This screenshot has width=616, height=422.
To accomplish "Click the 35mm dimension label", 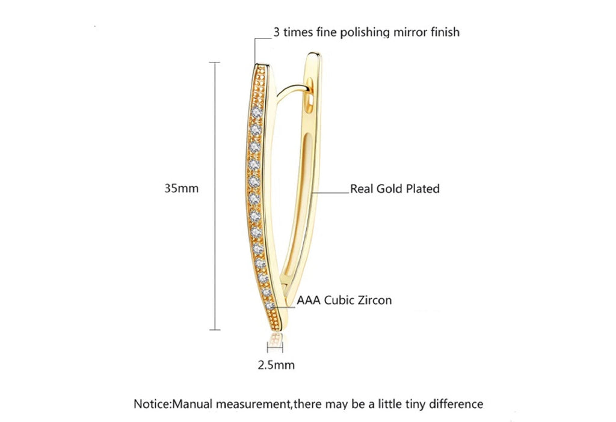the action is (181, 188).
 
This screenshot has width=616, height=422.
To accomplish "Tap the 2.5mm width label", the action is (276, 365).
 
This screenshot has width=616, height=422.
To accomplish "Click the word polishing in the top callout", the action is (365, 32).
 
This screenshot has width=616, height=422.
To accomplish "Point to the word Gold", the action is (389, 189).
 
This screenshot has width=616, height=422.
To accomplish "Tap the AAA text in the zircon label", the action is (309, 301).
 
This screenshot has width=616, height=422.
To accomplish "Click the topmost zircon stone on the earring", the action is (257, 112).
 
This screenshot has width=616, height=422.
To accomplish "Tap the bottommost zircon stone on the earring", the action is (270, 306).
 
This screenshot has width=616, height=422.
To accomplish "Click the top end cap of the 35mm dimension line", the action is (215, 63).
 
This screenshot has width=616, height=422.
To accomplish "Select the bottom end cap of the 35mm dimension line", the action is (215, 330).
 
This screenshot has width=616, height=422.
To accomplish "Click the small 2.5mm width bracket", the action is (275, 347).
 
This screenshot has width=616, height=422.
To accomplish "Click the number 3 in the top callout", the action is (277, 32).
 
